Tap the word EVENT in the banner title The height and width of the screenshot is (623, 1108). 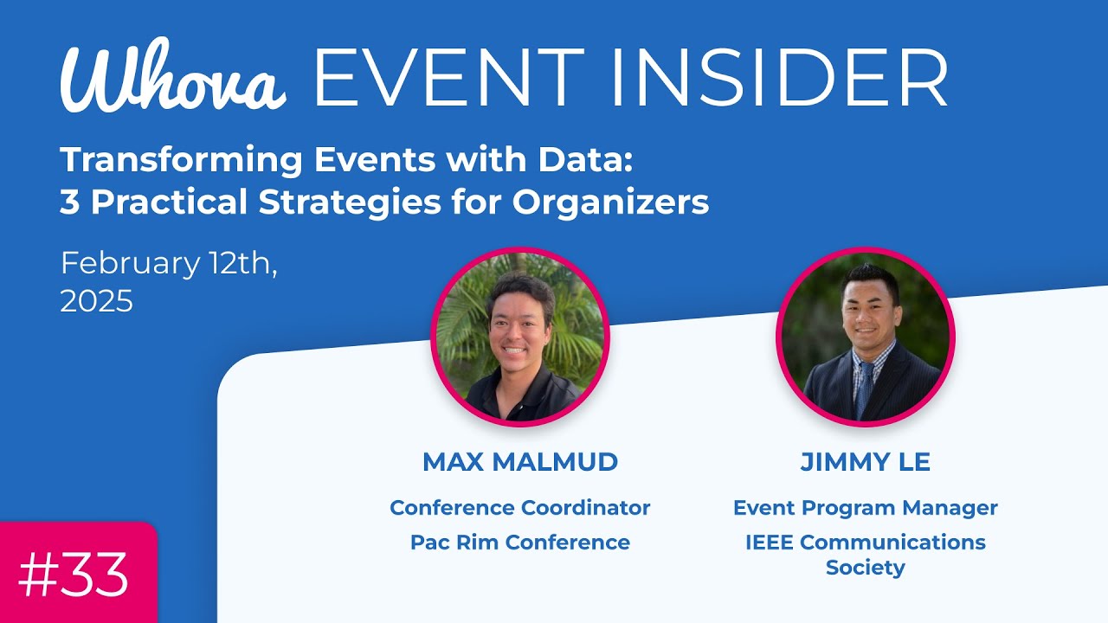coord(448,78)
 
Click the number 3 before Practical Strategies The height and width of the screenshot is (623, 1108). coord(69,202)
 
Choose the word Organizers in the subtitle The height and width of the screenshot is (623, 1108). coord(610,202)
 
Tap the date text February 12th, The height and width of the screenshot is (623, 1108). coord(170,263)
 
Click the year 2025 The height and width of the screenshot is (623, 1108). coord(97,301)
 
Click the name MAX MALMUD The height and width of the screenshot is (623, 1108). coord(520,462)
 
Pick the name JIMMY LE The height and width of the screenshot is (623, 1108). coord(865,462)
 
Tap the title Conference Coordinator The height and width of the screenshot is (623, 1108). coord(520,508)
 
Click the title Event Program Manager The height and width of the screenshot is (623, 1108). coord(865,508)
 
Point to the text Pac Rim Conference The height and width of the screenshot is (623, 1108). coord(520,543)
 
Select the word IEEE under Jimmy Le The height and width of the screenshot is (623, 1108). coord(770,543)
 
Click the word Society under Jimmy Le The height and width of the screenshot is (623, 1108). coord(865,568)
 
